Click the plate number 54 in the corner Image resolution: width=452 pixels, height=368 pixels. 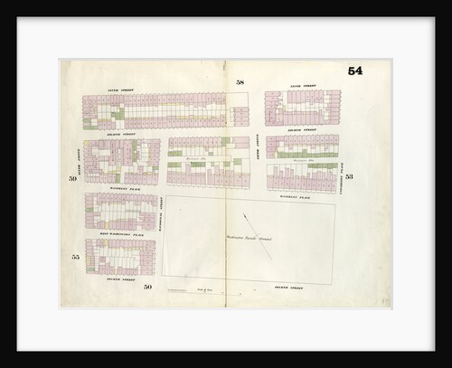pyautogui.click(x=356, y=71)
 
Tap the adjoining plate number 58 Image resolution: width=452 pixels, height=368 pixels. pyautogui.click(x=240, y=82)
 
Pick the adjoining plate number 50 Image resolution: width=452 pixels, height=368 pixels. pyautogui.click(x=146, y=287)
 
